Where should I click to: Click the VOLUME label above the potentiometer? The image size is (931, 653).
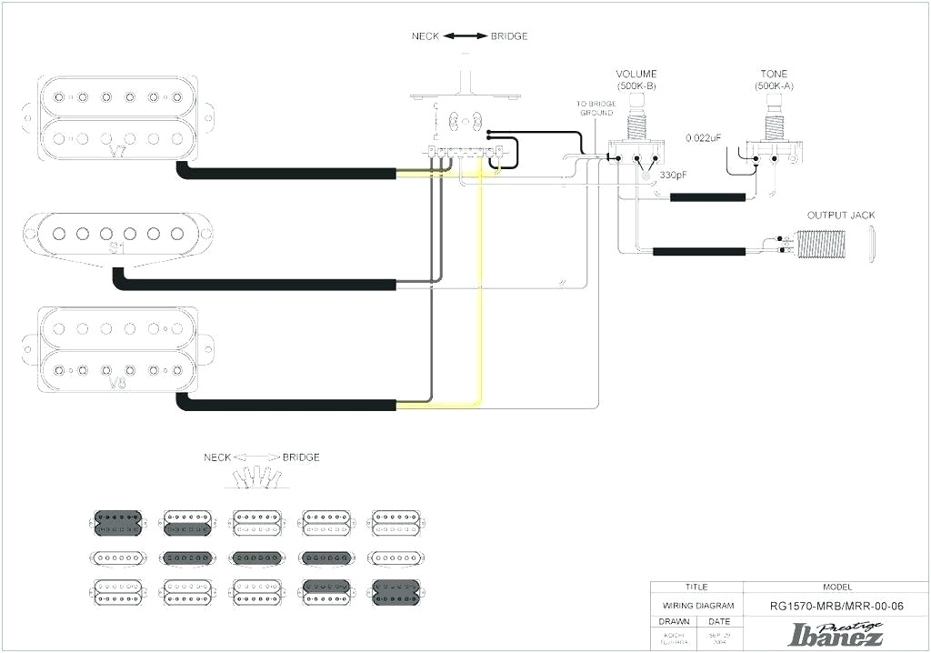click(x=636, y=74)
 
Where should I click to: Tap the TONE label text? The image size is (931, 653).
click(x=774, y=74)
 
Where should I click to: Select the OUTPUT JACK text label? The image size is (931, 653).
click(x=841, y=216)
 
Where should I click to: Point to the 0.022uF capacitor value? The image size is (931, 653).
click(x=704, y=137)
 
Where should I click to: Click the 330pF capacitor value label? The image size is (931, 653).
click(x=676, y=175)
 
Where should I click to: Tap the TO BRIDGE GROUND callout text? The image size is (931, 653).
click(x=596, y=108)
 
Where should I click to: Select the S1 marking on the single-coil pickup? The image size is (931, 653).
click(x=117, y=247)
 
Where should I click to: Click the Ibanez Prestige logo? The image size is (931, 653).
click(x=836, y=633)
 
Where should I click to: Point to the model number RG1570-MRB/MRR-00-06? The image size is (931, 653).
click(x=836, y=606)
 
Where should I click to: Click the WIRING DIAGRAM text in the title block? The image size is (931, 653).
click(x=696, y=606)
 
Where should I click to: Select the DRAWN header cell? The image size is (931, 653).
click(x=674, y=622)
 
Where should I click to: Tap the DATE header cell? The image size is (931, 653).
click(x=719, y=622)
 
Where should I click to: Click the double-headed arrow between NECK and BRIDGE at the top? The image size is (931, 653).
click(x=465, y=36)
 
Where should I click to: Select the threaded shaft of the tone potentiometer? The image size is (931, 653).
click(x=774, y=117)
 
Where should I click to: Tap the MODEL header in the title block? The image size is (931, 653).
click(x=836, y=588)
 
